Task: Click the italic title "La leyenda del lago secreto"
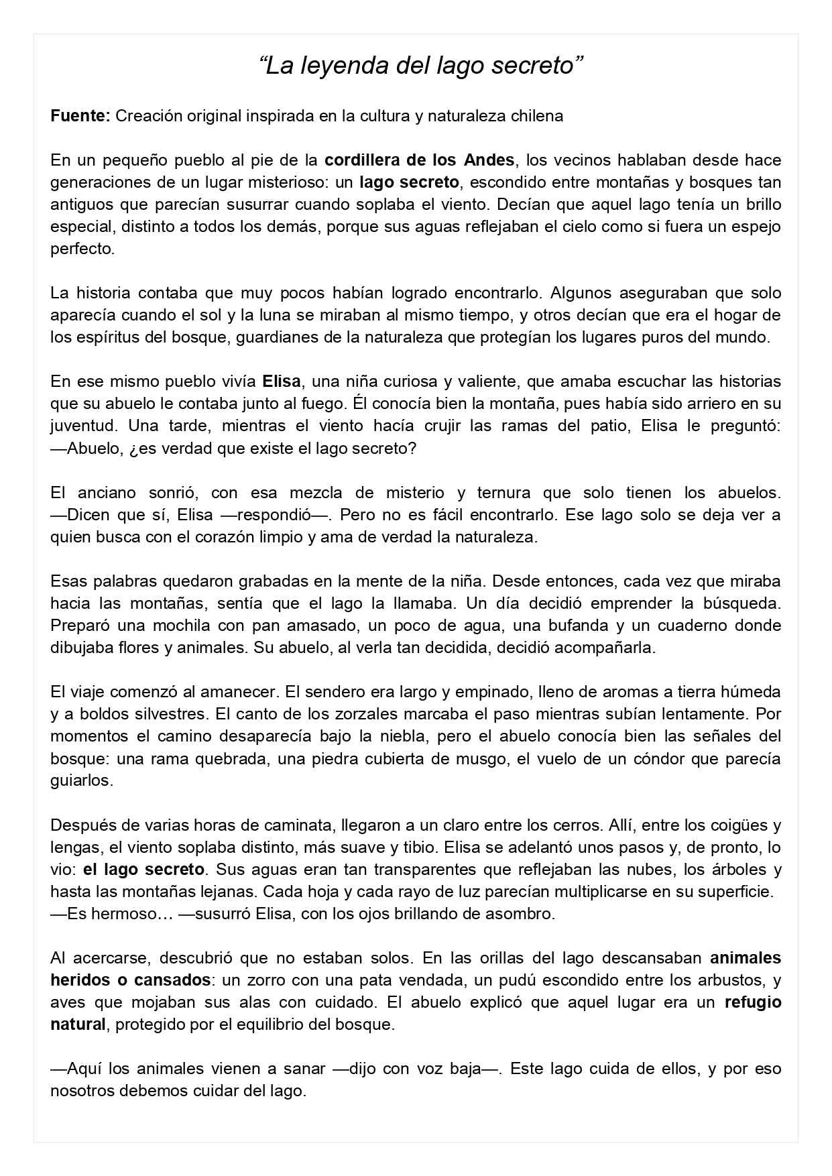click(x=421, y=66)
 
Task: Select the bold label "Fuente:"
click(x=80, y=116)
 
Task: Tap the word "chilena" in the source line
click(x=536, y=116)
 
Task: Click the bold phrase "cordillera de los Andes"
click(x=419, y=160)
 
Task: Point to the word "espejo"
click(x=756, y=227)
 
